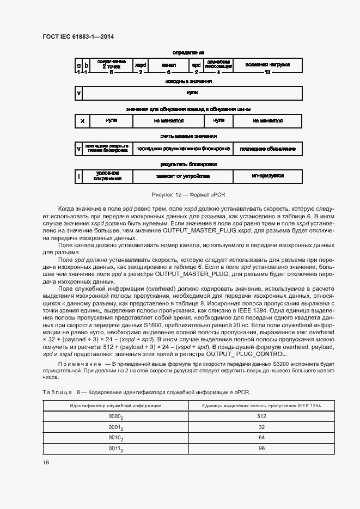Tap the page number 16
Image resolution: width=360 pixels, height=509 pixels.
pyautogui.click(x=45, y=462)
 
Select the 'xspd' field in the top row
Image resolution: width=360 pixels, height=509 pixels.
pyautogui.click(x=141, y=65)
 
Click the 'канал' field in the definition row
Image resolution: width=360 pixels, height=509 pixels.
pyautogui.click(x=169, y=65)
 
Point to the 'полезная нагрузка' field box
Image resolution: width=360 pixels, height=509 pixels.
pyautogui.click(x=267, y=65)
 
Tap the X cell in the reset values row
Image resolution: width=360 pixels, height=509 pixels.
pyautogui.click(x=82, y=120)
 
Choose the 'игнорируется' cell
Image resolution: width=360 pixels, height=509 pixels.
pyautogui.click(x=267, y=176)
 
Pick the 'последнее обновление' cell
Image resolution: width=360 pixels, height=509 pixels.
pyautogui.click(x=267, y=149)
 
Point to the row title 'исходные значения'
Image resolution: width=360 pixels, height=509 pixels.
pyautogui.click(x=188, y=82)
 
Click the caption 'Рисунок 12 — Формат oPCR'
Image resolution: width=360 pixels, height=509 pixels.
pyautogui.click(x=188, y=194)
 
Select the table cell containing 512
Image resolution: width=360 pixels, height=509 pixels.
pyautogui.click(x=261, y=416)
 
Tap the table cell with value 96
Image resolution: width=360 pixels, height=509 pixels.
pyautogui.click(x=261, y=448)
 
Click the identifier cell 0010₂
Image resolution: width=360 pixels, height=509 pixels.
pyautogui.click(x=115, y=438)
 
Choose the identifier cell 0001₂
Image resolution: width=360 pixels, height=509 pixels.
pyautogui.click(x=115, y=427)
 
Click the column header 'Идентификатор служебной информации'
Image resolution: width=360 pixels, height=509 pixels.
pyautogui.click(x=115, y=406)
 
